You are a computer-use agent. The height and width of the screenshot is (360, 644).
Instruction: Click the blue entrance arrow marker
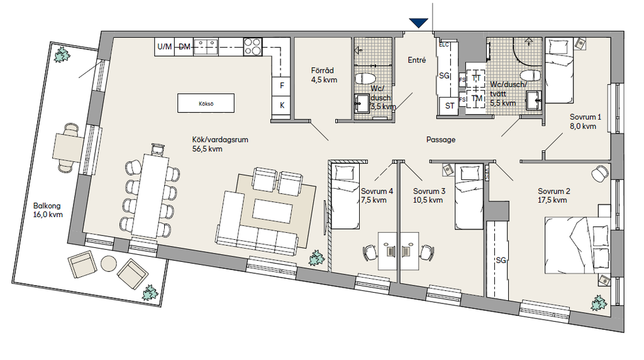point(418,23)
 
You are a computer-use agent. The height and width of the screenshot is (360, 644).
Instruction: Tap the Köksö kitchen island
point(206,103)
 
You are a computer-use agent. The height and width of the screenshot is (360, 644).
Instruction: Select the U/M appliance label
point(165,47)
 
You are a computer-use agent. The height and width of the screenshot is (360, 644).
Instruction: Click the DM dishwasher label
point(184,47)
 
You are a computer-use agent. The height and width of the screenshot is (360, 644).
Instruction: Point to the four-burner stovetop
point(253,47)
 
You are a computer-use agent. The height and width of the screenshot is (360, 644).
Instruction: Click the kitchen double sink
point(206,47)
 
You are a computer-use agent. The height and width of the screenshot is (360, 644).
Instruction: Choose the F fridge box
point(282,86)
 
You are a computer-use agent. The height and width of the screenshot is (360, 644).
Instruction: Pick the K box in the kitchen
point(282,106)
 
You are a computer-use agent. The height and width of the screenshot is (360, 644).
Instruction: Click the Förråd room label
point(323,70)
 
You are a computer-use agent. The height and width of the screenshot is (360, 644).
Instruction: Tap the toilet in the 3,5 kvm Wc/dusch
point(365,78)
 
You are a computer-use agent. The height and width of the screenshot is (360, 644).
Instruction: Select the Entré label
point(417,60)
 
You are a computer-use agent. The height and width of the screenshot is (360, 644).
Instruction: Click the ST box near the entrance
point(450,106)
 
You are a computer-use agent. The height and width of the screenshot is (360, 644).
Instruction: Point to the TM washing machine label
point(477,98)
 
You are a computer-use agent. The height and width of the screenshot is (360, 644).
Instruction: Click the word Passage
point(441,140)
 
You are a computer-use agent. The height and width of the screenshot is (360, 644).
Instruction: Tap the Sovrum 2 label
point(554,191)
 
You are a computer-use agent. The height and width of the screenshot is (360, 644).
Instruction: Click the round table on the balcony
point(109,264)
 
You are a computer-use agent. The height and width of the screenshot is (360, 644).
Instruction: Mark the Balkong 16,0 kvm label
point(48,210)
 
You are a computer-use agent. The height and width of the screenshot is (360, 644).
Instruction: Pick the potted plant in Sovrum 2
point(599,303)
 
